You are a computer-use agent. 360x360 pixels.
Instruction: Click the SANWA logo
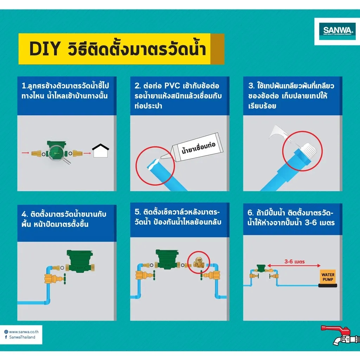(337, 31)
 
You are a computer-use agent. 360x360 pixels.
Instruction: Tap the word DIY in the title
(45, 49)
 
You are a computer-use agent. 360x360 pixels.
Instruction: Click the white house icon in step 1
(101, 150)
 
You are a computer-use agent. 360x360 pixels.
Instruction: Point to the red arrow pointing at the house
(87, 153)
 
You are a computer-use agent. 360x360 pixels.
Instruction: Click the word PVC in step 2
(172, 86)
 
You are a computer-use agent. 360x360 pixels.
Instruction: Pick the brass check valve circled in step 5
(198, 262)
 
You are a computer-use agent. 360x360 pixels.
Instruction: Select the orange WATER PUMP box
(328, 277)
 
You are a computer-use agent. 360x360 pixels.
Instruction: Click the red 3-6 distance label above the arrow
(294, 262)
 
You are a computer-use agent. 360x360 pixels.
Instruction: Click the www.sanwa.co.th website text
(24, 332)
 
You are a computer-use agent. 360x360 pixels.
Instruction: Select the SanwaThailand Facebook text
(22, 337)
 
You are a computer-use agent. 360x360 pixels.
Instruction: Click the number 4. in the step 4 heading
(25, 214)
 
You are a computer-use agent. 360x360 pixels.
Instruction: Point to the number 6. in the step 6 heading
(250, 213)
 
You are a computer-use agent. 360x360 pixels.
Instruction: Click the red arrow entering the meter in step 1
(25, 153)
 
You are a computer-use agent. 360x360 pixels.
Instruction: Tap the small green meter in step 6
(261, 268)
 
